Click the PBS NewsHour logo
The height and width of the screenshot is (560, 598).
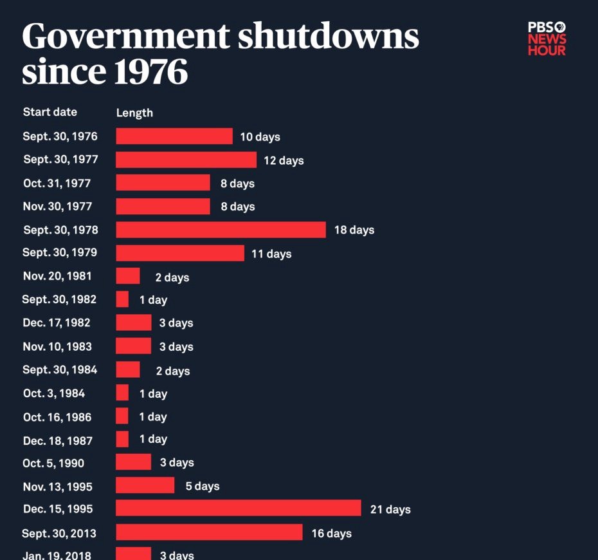tap(547, 39)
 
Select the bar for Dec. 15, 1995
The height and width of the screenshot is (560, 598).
tap(238, 509)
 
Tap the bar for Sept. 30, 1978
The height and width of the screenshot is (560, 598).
tap(221, 230)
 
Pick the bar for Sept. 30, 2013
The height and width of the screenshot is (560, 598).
tap(209, 532)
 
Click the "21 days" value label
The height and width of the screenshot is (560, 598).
tap(390, 510)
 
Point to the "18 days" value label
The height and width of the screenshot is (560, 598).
tap(354, 230)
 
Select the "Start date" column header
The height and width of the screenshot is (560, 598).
tap(50, 112)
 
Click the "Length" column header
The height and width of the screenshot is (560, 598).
tap(134, 113)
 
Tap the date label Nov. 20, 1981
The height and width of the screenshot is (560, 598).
tap(57, 276)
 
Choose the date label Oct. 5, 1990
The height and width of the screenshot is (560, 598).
tap(53, 463)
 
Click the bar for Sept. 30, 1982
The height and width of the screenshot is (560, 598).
tap(122, 299)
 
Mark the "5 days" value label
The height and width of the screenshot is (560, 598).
tap(203, 486)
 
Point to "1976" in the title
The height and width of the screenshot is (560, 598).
tap(151, 73)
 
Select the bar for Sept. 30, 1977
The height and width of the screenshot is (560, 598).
tap(186, 160)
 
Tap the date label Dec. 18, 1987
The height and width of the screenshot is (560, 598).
tap(57, 441)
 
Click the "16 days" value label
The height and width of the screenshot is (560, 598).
tap(331, 533)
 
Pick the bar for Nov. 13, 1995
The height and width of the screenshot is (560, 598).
tap(145, 485)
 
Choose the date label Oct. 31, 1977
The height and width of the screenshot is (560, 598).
tap(57, 183)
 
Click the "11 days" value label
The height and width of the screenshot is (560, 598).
tap(271, 254)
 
